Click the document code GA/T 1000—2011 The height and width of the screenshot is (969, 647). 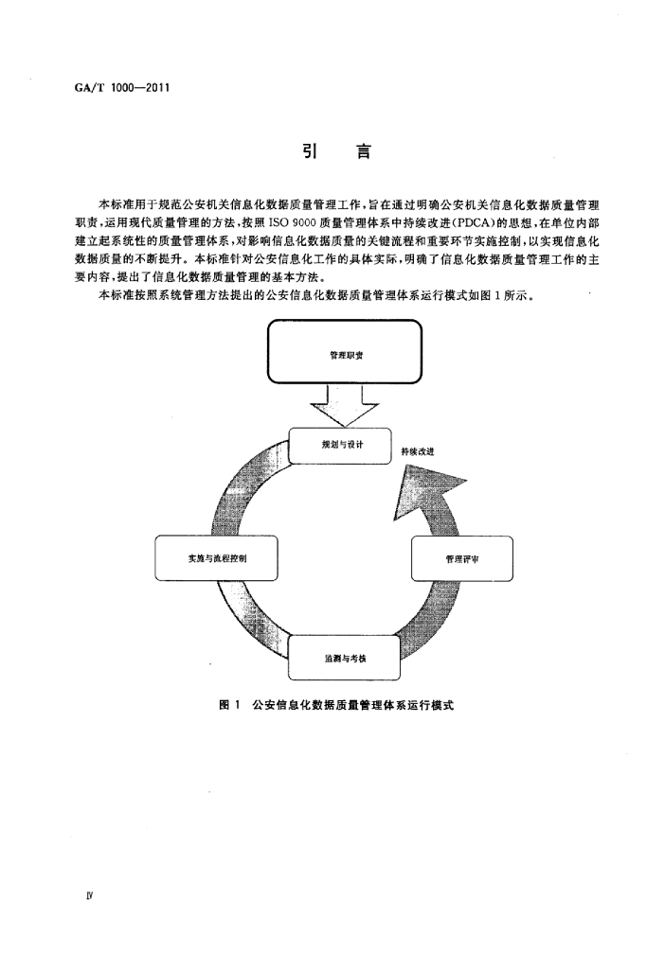[x=122, y=87]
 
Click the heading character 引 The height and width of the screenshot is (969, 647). [x=310, y=150]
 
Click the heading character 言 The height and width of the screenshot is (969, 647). [x=364, y=150]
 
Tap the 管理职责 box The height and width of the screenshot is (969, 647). [x=345, y=352]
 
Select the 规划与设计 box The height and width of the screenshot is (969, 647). [x=340, y=445]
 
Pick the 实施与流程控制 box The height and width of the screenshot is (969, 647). [x=216, y=558]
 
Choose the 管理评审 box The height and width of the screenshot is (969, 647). [x=462, y=558]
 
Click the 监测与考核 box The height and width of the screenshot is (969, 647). [x=344, y=659]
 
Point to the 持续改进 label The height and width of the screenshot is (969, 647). [x=418, y=451]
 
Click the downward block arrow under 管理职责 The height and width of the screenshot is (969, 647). [x=345, y=405]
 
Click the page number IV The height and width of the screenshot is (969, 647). [x=89, y=895]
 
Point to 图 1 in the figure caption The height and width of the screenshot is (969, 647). [x=229, y=705]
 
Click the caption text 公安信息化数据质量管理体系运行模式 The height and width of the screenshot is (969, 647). [x=352, y=705]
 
